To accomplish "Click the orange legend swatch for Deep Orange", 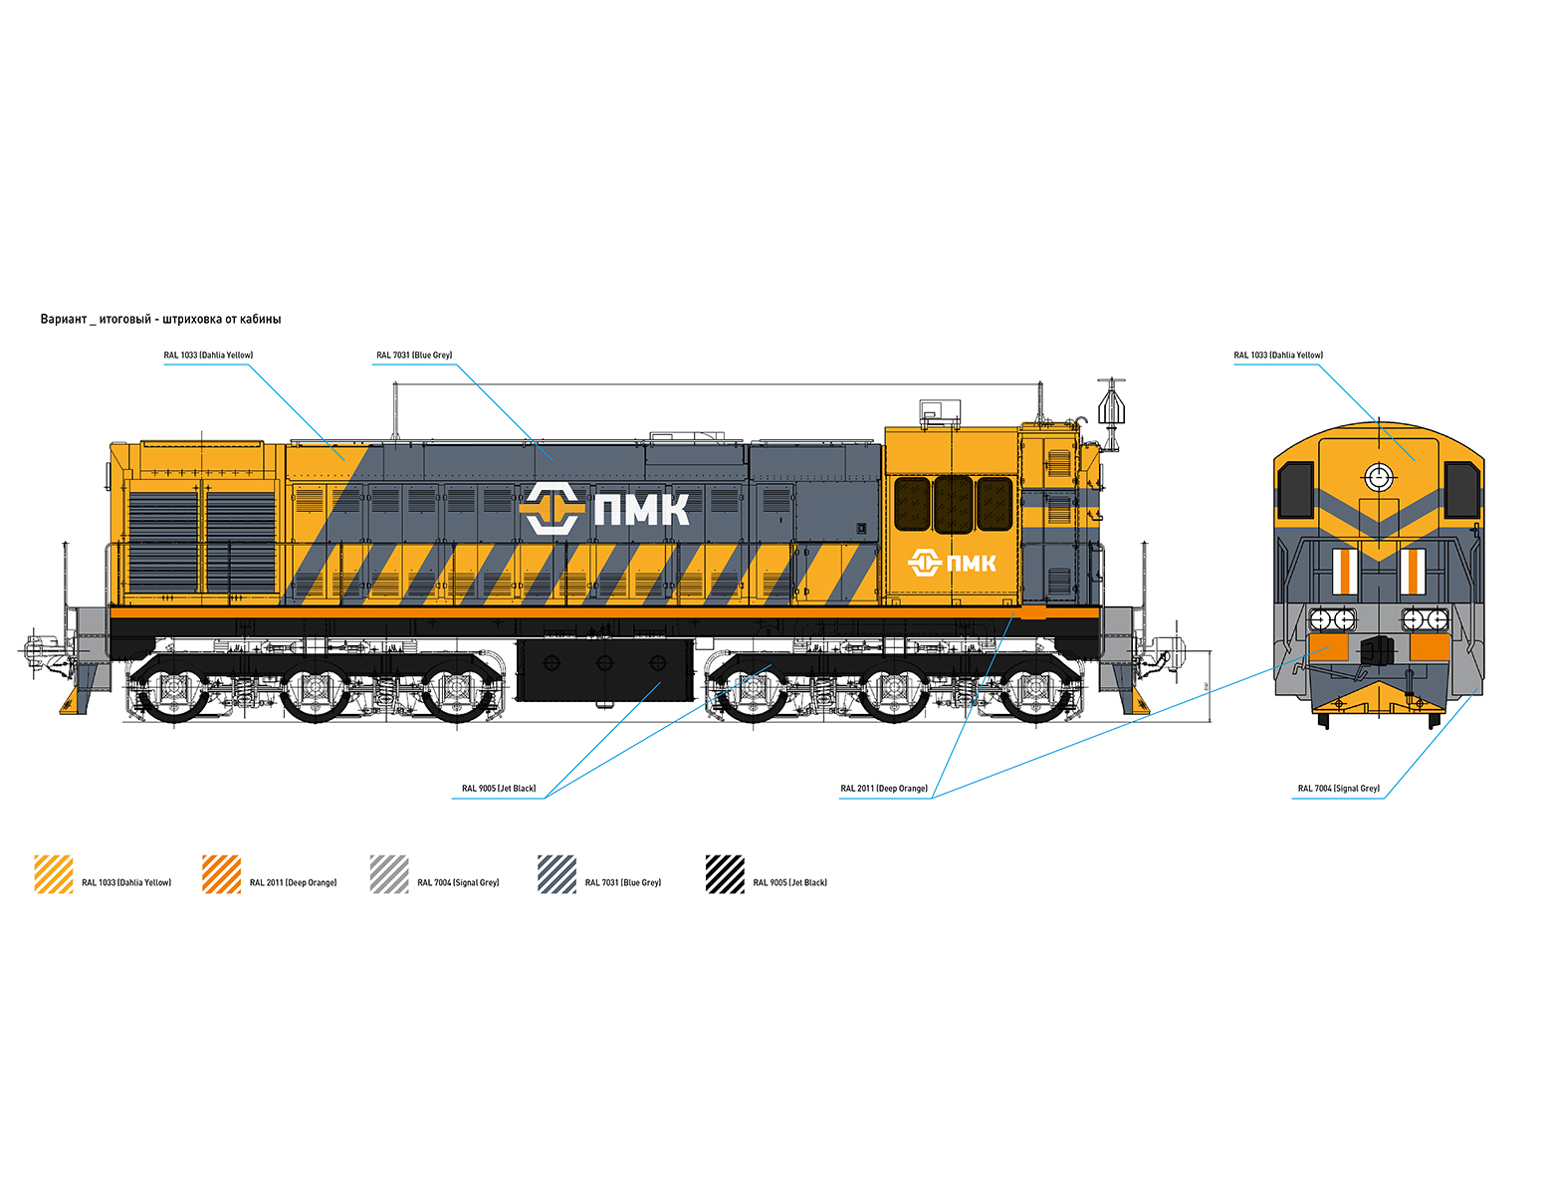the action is pos(221,873).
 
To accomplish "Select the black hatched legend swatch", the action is pos(725,873).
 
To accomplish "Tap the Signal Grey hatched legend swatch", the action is pos(389,873).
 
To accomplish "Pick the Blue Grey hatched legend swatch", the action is pos(557,873).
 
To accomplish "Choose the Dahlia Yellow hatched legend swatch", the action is pos(54,873).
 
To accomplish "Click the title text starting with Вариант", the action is pos(160,320).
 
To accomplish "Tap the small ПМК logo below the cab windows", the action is pos(952,563).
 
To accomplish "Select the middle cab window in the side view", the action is pos(954,504).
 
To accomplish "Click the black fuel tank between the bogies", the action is pos(604,670).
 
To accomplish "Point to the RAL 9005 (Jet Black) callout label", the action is pos(499,789).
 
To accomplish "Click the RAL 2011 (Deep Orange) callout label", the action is pos(883,789).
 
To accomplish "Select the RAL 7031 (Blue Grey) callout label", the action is pos(414,355).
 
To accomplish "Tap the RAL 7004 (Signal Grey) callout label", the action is pos(1338,789).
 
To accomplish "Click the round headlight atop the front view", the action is pos(1379,477).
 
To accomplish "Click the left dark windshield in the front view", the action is pos(1295,490).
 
